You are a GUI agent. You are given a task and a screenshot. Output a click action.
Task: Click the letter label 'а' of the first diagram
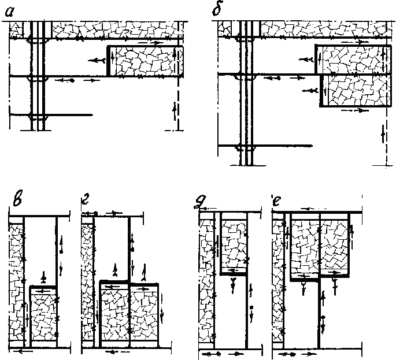point(10,12)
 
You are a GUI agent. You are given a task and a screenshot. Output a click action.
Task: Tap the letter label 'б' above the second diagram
point(217,10)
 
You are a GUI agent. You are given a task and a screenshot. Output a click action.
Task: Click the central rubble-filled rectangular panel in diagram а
point(146,61)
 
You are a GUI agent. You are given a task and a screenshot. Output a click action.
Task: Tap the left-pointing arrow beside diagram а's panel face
point(97,60)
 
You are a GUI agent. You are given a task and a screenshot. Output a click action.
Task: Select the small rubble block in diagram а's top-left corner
point(16,30)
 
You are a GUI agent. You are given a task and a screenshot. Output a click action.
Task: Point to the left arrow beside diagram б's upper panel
point(306,60)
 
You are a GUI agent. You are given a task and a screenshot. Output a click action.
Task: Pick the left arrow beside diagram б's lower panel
point(310,90)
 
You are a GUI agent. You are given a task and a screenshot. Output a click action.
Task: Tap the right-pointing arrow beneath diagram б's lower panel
point(354,110)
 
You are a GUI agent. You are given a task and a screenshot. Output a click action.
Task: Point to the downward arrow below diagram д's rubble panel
point(233,285)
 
